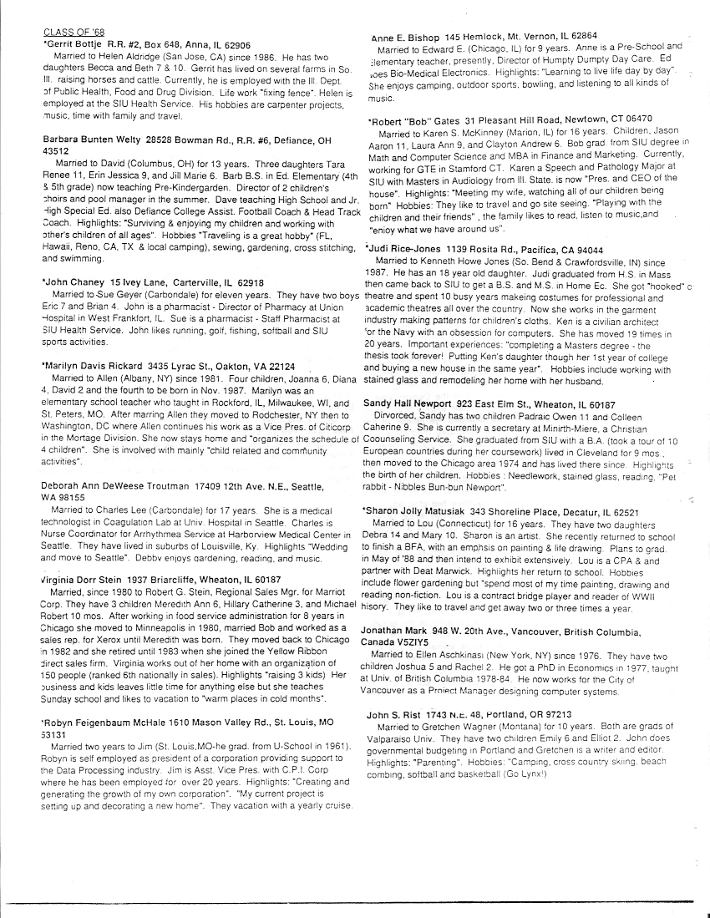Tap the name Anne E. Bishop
[x=404, y=36]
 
